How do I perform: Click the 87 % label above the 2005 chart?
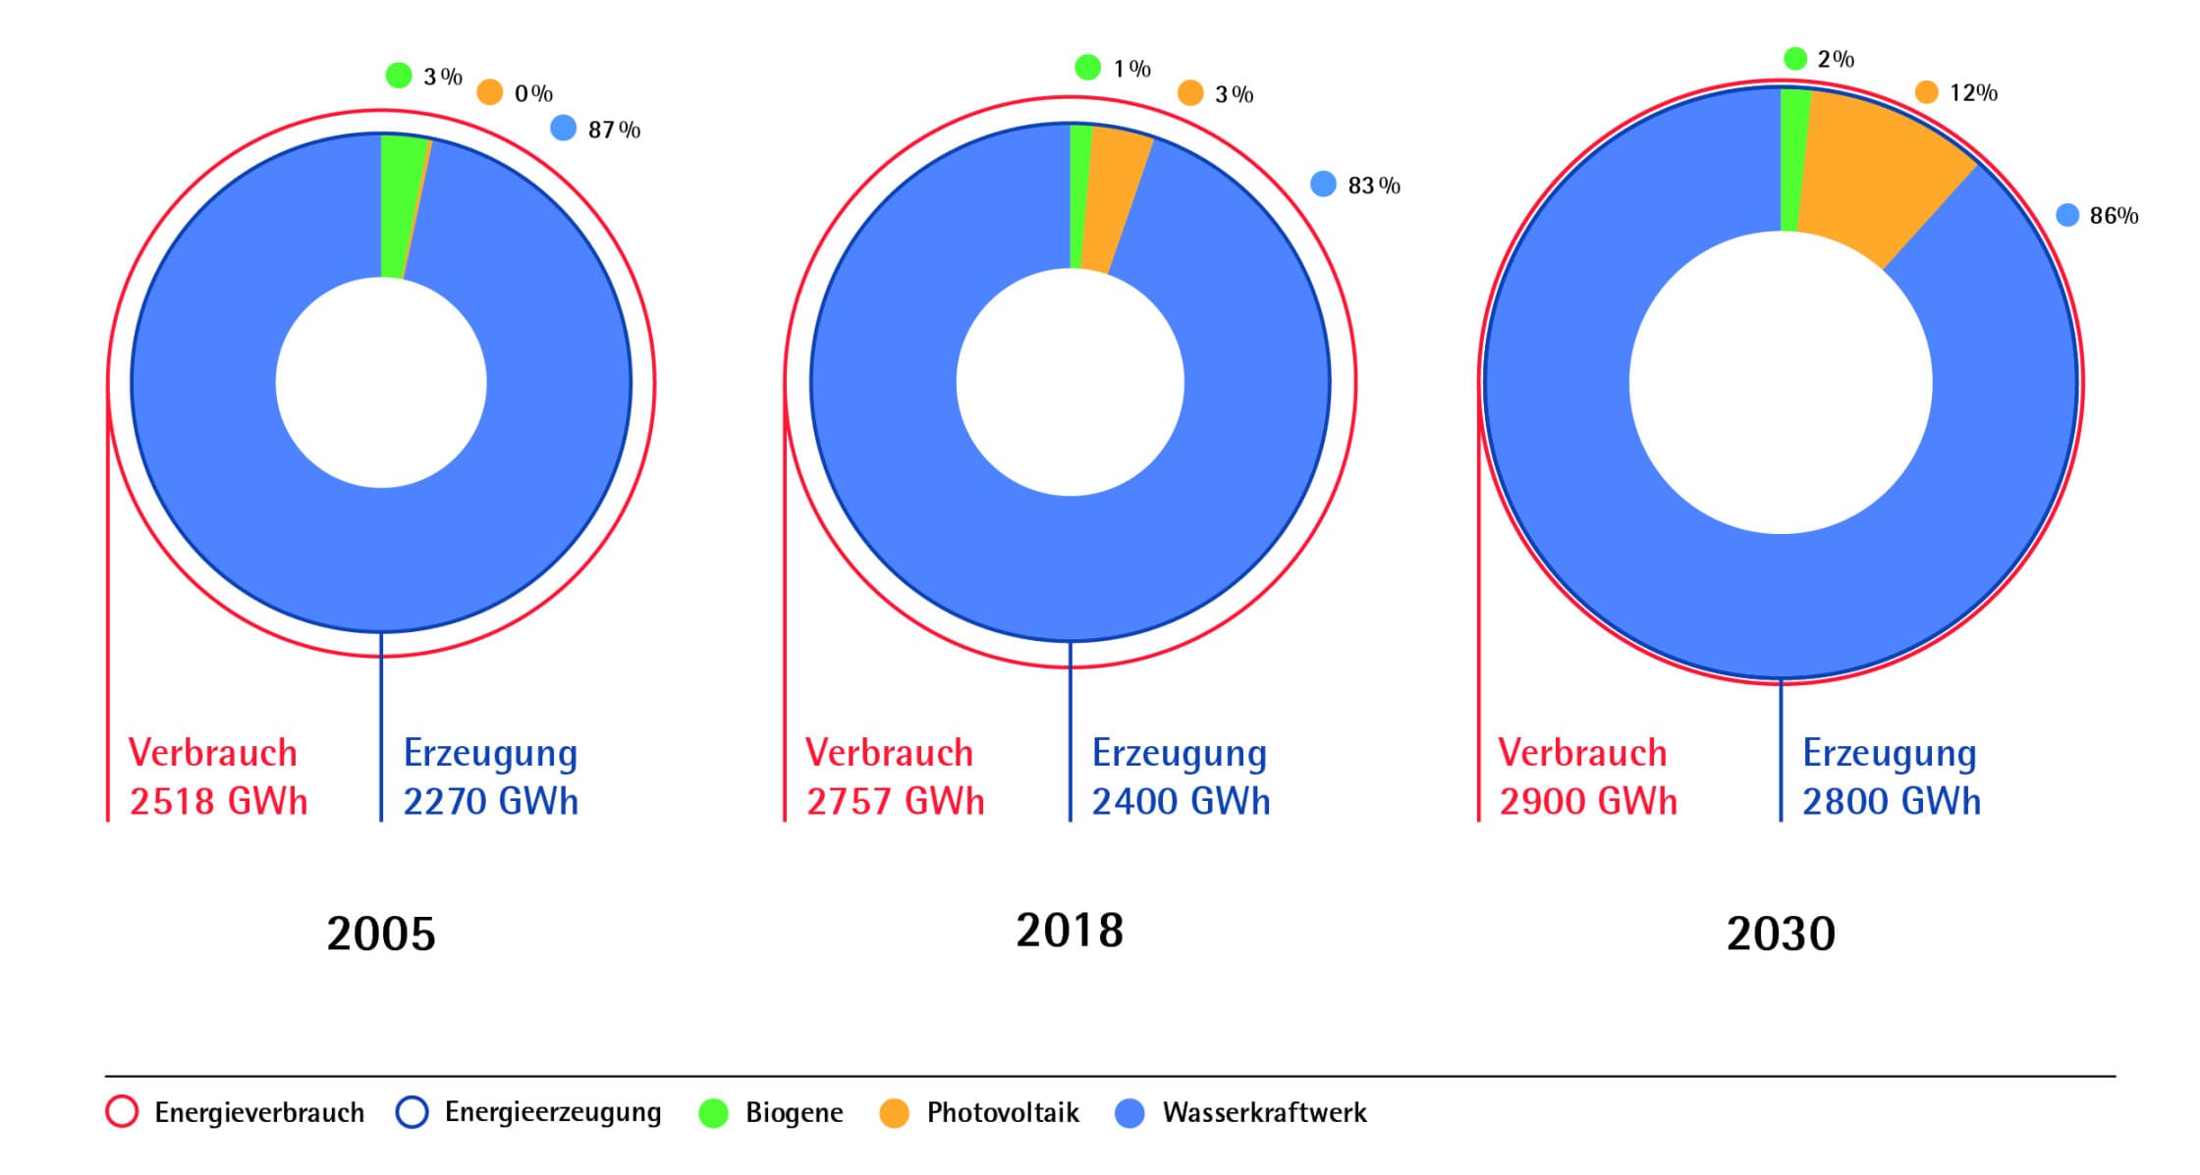tap(614, 130)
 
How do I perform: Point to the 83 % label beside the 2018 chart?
tap(1374, 186)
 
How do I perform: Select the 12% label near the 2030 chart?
tap(1973, 93)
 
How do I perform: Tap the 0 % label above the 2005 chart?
tap(533, 94)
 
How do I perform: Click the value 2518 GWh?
tap(218, 802)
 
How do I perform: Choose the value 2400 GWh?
tap(1181, 802)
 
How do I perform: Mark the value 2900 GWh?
tap(1587, 802)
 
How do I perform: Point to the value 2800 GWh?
tap(1891, 802)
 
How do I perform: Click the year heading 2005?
tap(380, 934)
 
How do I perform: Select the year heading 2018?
tap(1070, 931)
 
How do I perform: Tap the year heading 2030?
tap(1781, 934)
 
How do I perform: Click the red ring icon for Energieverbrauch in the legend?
tap(122, 1112)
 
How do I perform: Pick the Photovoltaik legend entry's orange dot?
tap(894, 1113)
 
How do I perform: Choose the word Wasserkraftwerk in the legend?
tap(1264, 1113)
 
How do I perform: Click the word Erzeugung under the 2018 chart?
tap(1179, 754)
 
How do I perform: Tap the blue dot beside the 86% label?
tap(2067, 215)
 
